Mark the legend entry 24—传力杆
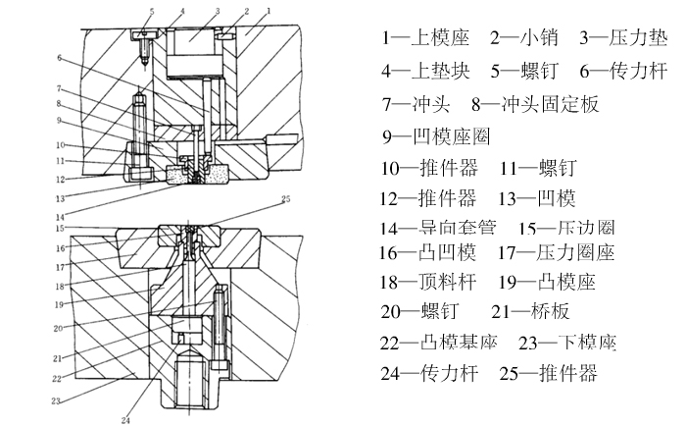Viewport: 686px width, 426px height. pos(428,373)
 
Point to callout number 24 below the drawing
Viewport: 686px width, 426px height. pos(125,420)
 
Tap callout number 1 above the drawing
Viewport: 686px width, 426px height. pos(269,8)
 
